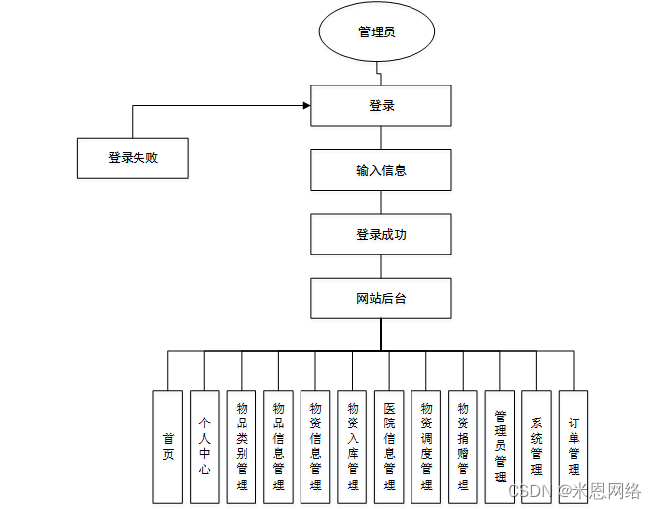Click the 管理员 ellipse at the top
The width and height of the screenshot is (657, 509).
pyautogui.click(x=376, y=32)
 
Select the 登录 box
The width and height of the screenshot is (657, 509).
pyautogui.click(x=381, y=106)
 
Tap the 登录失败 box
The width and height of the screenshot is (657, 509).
pyautogui.click(x=133, y=157)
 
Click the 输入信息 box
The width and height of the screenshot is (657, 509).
pyautogui.click(x=381, y=170)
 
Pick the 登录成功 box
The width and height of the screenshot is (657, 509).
pyautogui.click(x=381, y=235)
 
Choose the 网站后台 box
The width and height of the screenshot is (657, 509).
pyautogui.click(x=381, y=299)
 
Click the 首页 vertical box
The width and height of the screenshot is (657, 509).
pyautogui.click(x=168, y=447)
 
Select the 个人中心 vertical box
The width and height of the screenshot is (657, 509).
pyautogui.click(x=204, y=447)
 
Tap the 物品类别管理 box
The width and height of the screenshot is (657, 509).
pyautogui.click(x=242, y=447)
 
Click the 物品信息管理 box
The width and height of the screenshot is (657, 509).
pyautogui.click(x=278, y=447)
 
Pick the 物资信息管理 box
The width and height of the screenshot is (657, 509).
pyautogui.click(x=315, y=447)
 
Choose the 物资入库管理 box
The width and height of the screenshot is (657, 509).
pyautogui.click(x=353, y=447)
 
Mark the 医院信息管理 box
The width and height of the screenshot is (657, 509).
pyautogui.click(x=389, y=447)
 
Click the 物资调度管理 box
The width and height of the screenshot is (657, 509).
pyautogui.click(x=426, y=447)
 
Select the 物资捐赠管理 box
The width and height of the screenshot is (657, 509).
pyautogui.click(x=463, y=447)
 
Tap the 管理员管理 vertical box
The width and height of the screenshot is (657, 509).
pyautogui.click(x=500, y=447)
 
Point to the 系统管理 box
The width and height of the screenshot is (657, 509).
pyautogui.click(x=536, y=447)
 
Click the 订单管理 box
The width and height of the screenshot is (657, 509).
pyautogui.click(x=574, y=447)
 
